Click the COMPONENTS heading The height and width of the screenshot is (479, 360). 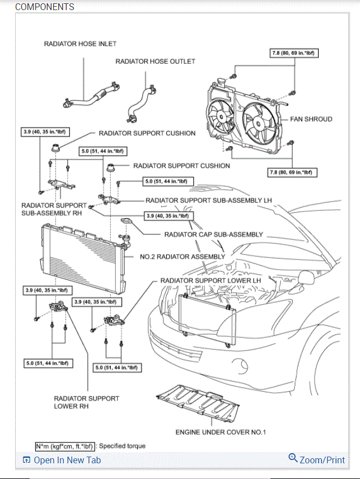coord(44,7)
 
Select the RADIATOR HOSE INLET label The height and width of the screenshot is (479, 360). coord(80,44)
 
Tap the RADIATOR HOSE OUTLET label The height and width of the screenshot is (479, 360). coord(155,61)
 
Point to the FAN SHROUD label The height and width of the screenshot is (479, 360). coord(311,119)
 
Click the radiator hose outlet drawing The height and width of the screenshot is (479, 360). coord(141,101)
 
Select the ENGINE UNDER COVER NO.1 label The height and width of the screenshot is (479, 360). coord(221,433)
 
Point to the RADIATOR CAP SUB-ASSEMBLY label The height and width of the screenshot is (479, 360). coord(213,234)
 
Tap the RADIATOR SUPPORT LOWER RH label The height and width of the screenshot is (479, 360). coord(86,402)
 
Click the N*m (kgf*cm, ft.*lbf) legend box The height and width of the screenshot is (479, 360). coord(65,446)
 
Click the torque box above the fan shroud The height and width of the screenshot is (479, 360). coord(292,53)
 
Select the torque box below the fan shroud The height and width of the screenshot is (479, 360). coord(293,172)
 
